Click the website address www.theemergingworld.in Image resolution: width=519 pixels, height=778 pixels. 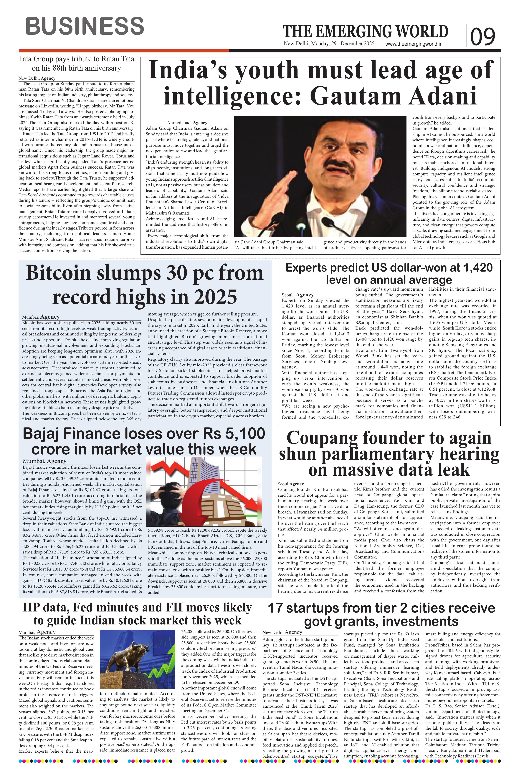click(x=414, y=44)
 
